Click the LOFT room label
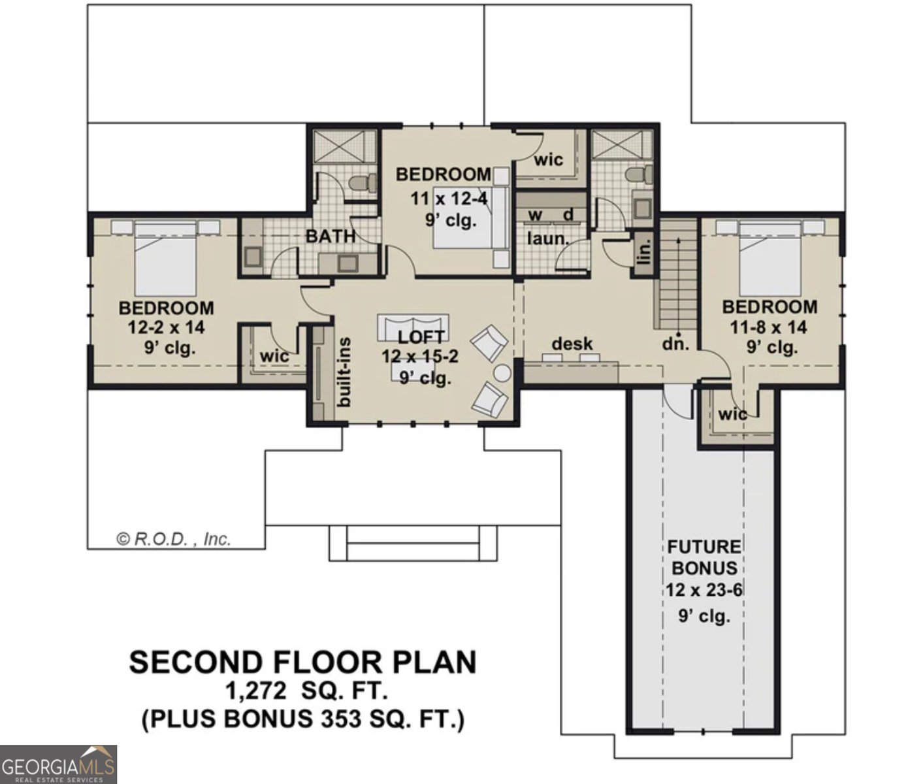(421, 337)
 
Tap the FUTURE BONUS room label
(704, 557)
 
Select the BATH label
(331, 237)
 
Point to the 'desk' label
(572, 344)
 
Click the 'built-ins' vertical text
(345, 372)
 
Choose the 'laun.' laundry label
(548, 239)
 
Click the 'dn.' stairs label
(675, 344)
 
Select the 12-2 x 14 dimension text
(165, 327)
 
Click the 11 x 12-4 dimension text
(448, 198)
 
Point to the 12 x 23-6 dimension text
(704, 591)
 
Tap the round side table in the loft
(502, 373)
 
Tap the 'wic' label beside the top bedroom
(549, 160)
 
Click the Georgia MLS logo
(58, 764)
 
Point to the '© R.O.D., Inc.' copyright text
(174, 539)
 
